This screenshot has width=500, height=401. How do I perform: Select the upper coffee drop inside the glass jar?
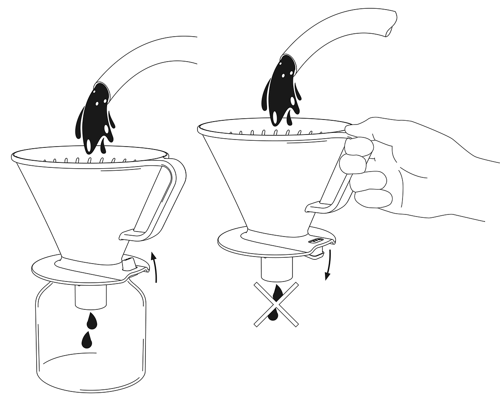(92, 321)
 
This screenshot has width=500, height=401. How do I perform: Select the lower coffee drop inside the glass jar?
(87, 340)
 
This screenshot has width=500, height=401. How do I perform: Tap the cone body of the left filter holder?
(83, 208)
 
